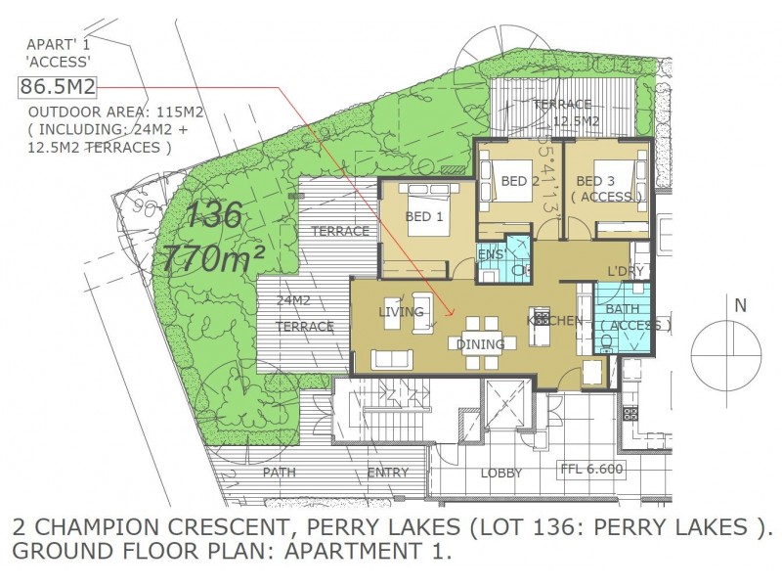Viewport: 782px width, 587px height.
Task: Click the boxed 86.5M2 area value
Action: tap(58, 87)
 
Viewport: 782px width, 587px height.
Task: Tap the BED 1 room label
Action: tap(425, 218)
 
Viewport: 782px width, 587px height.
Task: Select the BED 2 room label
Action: tap(520, 181)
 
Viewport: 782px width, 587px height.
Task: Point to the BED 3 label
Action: tap(595, 181)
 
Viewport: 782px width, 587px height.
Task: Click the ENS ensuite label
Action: tap(490, 255)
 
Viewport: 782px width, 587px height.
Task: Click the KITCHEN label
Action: tap(555, 320)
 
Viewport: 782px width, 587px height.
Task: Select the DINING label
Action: tap(480, 343)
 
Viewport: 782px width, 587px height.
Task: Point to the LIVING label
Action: tap(401, 312)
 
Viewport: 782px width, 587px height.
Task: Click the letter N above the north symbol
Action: tap(740, 305)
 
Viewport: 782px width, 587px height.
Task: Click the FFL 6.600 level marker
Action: tap(590, 469)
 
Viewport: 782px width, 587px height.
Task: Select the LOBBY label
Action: tap(501, 474)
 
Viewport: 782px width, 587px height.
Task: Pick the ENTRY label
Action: tap(388, 474)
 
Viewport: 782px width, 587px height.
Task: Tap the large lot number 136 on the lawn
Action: tap(213, 213)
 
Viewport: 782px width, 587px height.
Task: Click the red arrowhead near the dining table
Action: tap(450, 313)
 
